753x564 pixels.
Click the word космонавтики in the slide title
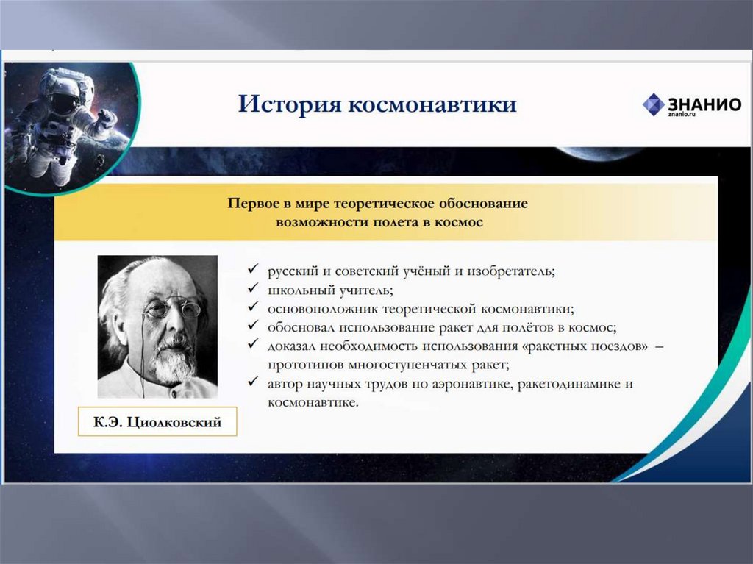coord(432,104)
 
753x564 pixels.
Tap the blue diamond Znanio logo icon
coord(654,104)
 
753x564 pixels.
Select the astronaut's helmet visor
coord(63,101)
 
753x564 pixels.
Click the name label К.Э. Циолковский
coord(157,422)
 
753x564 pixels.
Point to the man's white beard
coord(175,363)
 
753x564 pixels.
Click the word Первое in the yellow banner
coord(253,204)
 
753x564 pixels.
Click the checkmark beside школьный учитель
coord(253,288)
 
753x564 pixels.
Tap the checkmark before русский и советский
coord(253,268)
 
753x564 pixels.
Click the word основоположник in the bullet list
coord(323,309)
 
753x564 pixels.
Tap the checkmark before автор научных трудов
coord(253,381)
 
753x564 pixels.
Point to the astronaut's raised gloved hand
coord(106,117)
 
